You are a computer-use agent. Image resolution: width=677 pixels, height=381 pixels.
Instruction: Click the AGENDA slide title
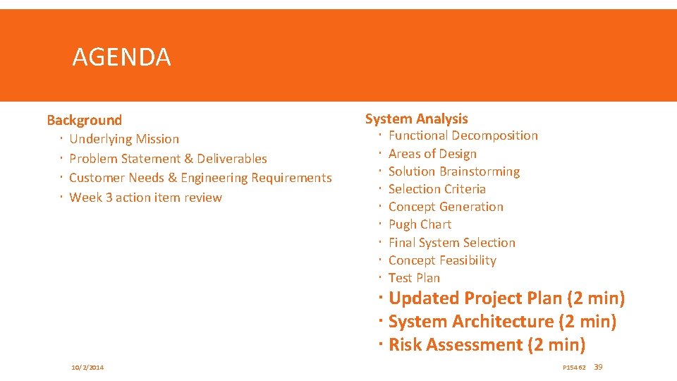[121, 56]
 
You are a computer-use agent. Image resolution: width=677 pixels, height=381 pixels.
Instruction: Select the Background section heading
[84, 120]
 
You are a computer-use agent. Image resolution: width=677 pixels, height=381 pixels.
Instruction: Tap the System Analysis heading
[416, 119]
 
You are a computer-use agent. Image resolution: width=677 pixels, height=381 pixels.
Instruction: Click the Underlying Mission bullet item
[124, 139]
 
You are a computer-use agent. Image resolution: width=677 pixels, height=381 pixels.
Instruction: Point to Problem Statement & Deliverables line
[168, 159]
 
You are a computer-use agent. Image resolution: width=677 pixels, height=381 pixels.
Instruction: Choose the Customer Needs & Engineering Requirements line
[200, 178]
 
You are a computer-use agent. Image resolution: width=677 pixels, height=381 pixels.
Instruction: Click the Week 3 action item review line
[145, 198]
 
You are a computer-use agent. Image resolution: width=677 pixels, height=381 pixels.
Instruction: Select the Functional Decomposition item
[463, 135]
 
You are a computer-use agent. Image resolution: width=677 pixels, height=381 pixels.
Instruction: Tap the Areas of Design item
[432, 154]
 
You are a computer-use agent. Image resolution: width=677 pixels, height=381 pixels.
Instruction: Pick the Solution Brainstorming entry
[453, 171]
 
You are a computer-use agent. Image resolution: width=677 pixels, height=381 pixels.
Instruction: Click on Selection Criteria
[437, 189]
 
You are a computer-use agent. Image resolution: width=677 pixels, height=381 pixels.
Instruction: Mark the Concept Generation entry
[446, 207]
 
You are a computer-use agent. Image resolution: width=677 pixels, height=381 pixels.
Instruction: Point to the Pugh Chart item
[420, 224]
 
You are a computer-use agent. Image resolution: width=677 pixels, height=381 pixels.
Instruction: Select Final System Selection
[451, 243]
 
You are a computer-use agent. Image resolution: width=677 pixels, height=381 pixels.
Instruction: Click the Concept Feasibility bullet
[442, 260]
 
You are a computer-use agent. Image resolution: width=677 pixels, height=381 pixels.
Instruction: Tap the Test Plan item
[414, 278]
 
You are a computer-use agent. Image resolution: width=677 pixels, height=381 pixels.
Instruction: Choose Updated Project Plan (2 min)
[506, 298]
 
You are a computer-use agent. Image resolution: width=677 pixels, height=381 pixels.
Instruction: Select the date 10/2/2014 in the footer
[87, 368]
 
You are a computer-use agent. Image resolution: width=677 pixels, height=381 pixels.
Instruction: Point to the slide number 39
[599, 367]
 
